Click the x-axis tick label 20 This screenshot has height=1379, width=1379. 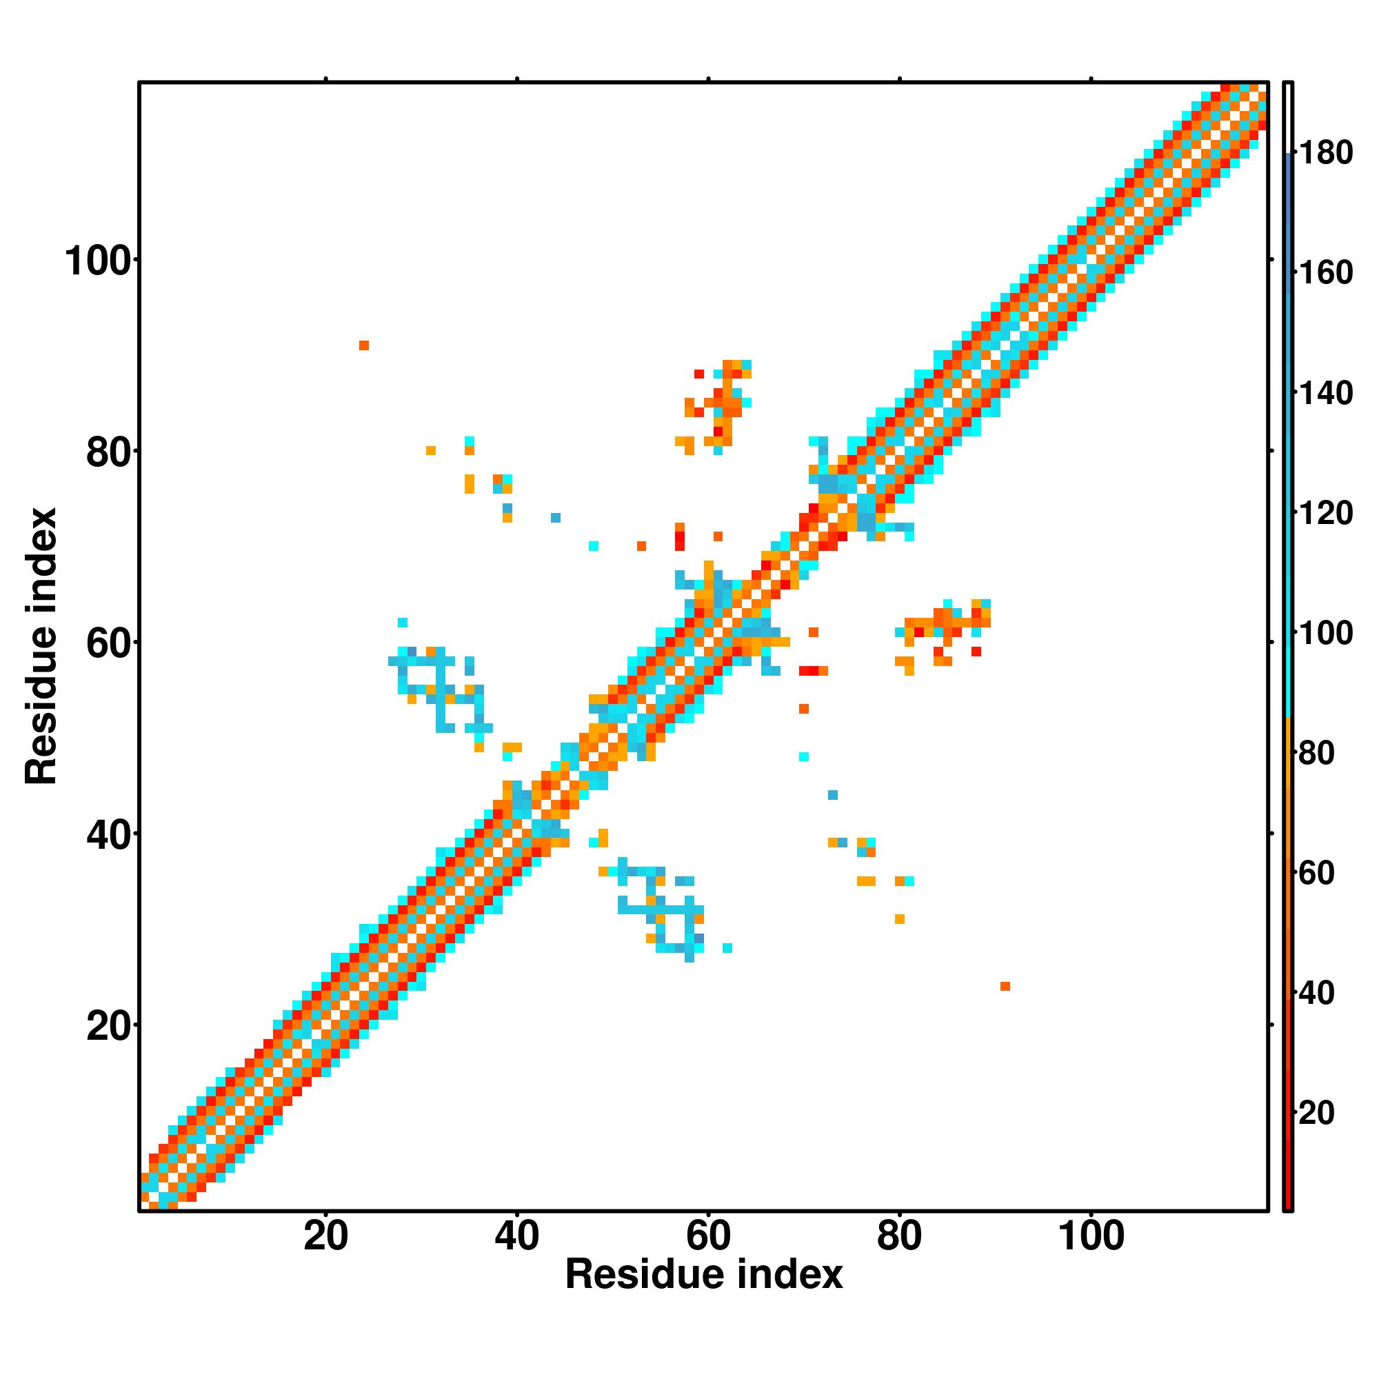(x=325, y=1236)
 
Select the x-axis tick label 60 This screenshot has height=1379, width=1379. (x=708, y=1236)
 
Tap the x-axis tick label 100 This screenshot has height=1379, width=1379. (x=1091, y=1236)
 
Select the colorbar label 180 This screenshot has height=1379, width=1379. (x=1325, y=154)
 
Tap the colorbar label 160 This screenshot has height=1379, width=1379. (x=1325, y=273)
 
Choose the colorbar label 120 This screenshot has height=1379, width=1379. (x=1325, y=513)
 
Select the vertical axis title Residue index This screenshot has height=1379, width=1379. (x=41, y=646)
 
